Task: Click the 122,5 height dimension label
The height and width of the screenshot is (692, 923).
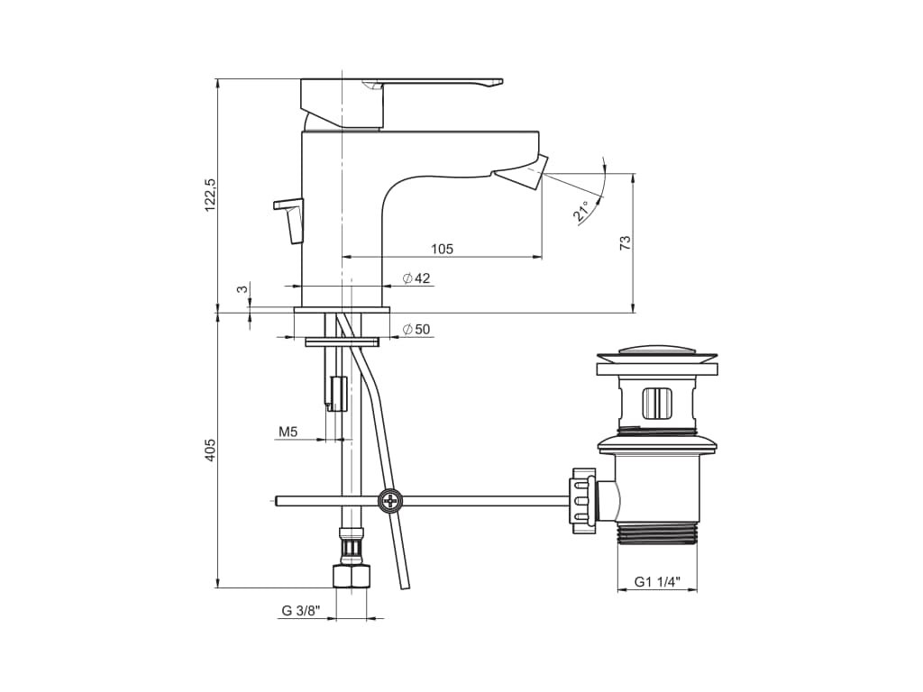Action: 211,195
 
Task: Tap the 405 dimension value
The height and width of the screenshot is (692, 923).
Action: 211,451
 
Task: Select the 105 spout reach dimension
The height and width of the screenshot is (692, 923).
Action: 442,249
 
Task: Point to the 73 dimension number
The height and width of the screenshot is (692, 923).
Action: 626,241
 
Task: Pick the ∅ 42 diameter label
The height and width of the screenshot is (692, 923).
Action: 416,278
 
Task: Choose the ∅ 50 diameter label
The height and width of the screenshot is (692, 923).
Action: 416,330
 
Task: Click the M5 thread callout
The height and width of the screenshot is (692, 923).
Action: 288,432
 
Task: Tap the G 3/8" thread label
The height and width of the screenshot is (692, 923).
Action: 300,610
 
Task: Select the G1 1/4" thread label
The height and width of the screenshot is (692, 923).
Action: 656,582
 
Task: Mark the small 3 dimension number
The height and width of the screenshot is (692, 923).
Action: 241,289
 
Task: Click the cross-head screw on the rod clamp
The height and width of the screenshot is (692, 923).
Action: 391,500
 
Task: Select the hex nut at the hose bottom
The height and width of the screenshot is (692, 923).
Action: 351,576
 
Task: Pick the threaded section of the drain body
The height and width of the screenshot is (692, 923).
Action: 657,534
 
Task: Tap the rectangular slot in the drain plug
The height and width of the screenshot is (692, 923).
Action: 657,402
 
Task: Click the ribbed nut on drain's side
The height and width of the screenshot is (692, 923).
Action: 582,497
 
